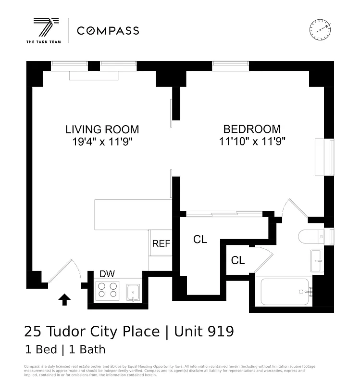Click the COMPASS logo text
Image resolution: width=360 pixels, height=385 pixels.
pos(108,31)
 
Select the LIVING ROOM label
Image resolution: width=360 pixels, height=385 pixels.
pos(102,129)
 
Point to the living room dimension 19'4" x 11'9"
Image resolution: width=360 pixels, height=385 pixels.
pos(102,142)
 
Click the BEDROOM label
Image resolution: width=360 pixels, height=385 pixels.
pos(251,129)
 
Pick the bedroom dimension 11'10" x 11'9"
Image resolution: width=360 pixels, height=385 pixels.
pos(251,142)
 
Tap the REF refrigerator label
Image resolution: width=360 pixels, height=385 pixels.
pos(161,244)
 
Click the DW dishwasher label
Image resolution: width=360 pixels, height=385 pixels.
pos(107,274)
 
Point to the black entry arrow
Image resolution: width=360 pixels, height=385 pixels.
pos(64,300)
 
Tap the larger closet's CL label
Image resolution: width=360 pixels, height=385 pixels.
pos(200,239)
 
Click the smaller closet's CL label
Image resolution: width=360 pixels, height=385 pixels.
pos(238,261)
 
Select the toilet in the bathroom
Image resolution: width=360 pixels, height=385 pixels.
pos(310,237)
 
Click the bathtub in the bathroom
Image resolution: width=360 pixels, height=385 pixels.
pos(285,292)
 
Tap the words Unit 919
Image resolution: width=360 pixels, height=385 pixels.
pos(204,332)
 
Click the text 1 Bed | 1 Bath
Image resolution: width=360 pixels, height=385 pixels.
pos(64,350)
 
